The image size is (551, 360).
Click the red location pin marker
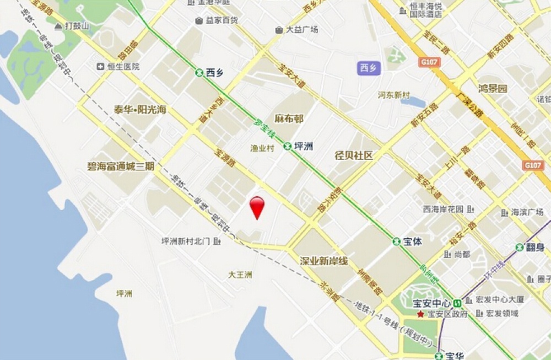[x=257, y=207]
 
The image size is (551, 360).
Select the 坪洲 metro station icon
[x=288, y=146]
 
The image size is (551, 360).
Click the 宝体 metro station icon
[x=396, y=241]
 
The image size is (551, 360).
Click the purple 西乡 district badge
[x=368, y=68]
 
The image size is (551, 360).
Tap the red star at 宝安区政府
[x=421, y=314]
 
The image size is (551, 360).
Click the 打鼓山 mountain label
[x=71, y=25]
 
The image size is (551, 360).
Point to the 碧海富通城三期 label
[x=121, y=165]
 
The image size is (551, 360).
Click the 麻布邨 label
[x=289, y=119]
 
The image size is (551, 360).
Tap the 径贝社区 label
[x=354, y=155]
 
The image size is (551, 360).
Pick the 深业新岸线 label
[x=324, y=261]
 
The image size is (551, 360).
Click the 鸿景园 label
[x=493, y=88]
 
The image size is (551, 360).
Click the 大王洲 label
[x=240, y=275]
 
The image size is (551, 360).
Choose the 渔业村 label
[x=262, y=148]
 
